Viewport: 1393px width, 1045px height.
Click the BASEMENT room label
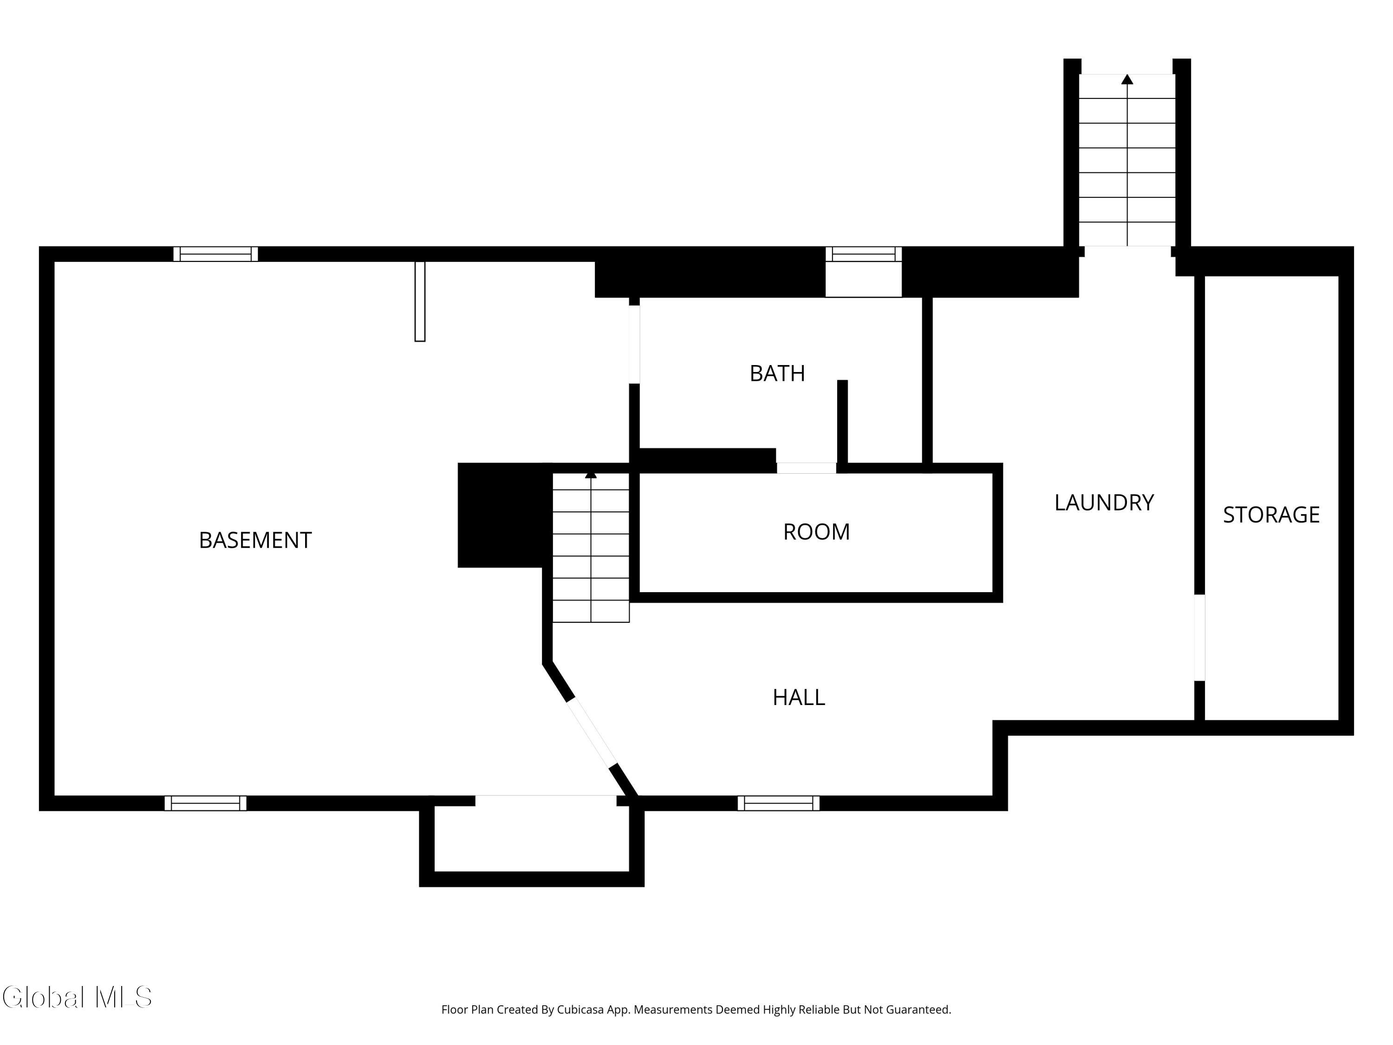(255, 541)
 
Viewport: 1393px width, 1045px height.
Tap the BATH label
(777, 373)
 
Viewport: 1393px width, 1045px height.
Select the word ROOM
(816, 532)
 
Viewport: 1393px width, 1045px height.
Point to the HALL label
(799, 697)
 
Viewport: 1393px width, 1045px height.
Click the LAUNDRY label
(1104, 503)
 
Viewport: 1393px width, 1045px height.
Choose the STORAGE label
(1271, 515)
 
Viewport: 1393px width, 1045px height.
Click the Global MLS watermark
(77, 998)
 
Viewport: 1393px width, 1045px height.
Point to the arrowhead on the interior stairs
(591, 474)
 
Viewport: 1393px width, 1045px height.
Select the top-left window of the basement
(215, 254)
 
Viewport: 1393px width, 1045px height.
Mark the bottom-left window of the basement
(205, 803)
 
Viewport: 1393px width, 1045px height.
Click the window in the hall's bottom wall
(778, 803)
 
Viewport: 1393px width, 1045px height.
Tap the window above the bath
(863, 254)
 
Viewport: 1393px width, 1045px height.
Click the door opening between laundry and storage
(1200, 638)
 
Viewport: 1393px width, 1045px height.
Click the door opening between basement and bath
(634, 344)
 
